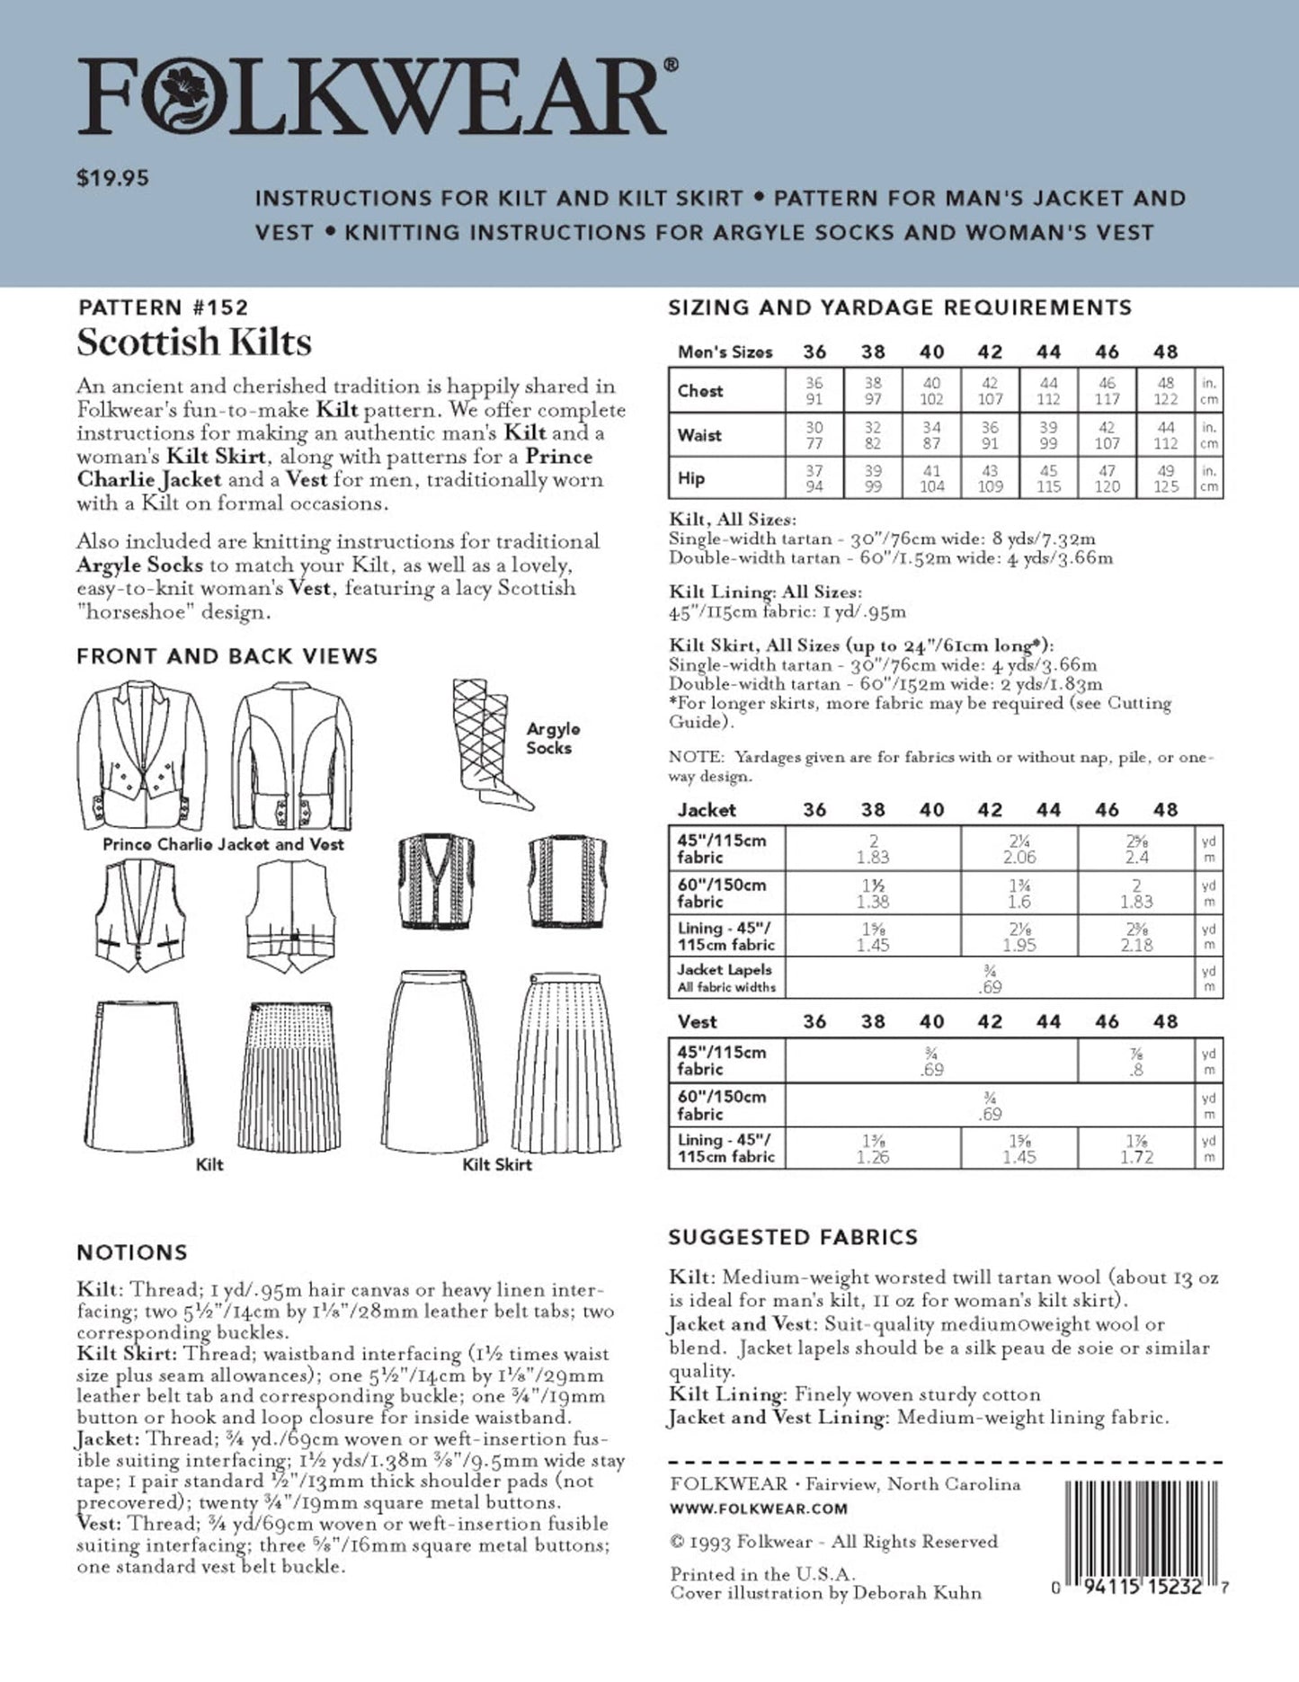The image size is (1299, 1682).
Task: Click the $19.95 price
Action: point(112,178)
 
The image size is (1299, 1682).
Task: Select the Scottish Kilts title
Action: point(194,343)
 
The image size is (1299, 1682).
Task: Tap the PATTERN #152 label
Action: point(162,307)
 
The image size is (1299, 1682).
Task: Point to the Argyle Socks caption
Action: point(553,738)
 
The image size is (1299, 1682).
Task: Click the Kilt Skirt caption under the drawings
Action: point(496,1164)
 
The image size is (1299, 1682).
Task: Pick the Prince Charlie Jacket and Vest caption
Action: point(223,844)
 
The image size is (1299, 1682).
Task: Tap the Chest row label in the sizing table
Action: point(700,391)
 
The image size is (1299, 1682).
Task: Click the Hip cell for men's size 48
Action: point(1165,478)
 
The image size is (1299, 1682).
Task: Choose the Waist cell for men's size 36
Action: point(814,435)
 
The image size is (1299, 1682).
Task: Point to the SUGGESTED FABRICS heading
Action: point(793,1237)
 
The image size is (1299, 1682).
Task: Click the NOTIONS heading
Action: point(132,1252)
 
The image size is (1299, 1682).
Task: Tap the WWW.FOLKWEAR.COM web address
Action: point(759,1508)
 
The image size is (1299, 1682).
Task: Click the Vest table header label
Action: point(697,1021)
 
